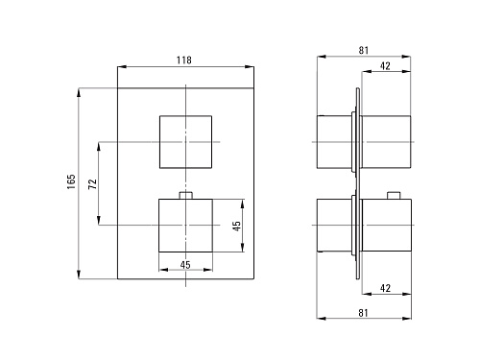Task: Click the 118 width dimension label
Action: pyautogui.click(x=184, y=60)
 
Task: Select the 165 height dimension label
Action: pyautogui.click(x=71, y=181)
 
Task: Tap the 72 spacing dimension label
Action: pyautogui.click(x=92, y=184)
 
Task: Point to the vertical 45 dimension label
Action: pyautogui.click(x=236, y=226)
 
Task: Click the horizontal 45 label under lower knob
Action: pyautogui.click(x=185, y=265)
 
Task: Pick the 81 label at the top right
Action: pyautogui.click(x=364, y=50)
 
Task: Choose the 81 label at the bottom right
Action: pyautogui.click(x=363, y=313)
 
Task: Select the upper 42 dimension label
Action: pyautogui.click(x=385, y=66)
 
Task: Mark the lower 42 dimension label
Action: pyautogui.click(x=385, y=288)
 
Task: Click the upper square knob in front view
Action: pyautogui.click(x=186, y=142)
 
